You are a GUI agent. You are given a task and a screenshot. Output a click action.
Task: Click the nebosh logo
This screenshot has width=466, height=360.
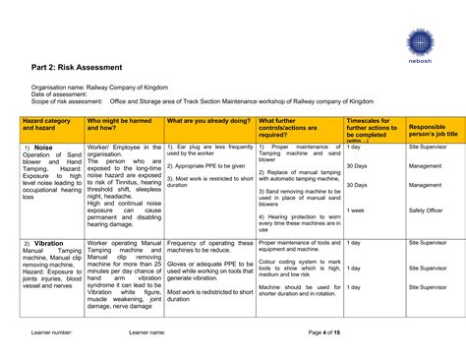click(x=420, y=43)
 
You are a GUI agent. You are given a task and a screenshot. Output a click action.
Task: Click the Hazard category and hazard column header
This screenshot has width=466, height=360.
click(x=46, y=124)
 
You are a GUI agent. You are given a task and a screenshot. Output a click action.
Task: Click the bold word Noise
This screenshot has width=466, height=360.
click(x=45, y=148)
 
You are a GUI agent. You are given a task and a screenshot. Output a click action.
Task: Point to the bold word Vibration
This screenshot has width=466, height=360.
click(x=48, y=243)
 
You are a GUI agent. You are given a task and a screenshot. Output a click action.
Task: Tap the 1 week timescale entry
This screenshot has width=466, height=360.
click(x=357, y=210)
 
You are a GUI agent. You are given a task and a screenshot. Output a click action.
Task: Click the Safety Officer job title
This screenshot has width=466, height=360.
click(x=426, y=210)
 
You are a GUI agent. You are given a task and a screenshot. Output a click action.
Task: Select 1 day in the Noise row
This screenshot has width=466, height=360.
click(x=354, y=147)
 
